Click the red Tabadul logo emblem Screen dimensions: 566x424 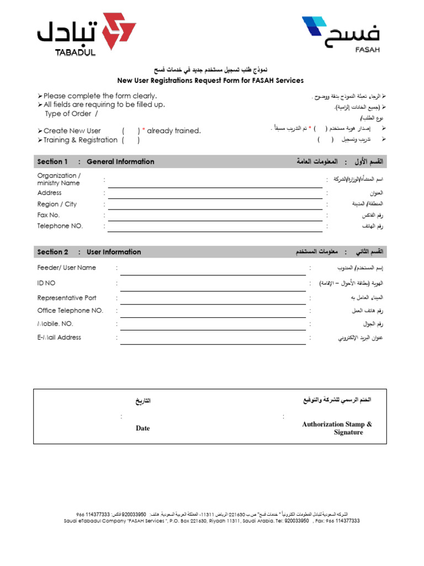(115, 31)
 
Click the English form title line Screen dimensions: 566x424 (210, 81)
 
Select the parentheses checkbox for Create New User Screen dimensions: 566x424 (131, 131)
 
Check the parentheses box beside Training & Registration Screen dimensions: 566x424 (131, 140)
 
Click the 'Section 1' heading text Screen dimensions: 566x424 (52, 162)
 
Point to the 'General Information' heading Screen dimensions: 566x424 (120, 162)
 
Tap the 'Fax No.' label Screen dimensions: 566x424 (49, 215)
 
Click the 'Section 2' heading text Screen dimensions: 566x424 (53, 252)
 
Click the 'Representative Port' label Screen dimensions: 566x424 (67, 298)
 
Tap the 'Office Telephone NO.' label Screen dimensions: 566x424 (70, 311)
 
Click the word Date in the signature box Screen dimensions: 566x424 (142, 428)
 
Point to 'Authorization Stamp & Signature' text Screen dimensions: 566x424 (337, 428)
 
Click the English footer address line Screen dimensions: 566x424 (212, 521)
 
